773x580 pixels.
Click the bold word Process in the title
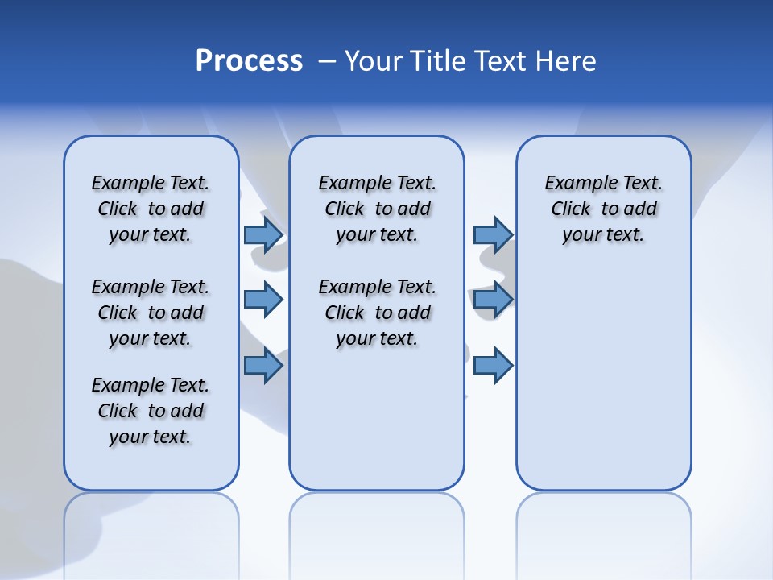coord(249,61)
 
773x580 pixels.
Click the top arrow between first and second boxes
coord(263,234)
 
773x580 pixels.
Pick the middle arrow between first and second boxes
coord(263,300)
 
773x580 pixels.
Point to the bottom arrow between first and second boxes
coord(263,366)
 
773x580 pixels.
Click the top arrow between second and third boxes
coord(493,234)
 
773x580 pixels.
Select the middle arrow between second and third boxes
coord(493,300)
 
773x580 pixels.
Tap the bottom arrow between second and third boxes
coord(493,366)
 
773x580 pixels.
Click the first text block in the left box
coord(151,209)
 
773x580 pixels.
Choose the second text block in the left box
coord(151,313)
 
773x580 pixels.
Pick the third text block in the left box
coord(151,411)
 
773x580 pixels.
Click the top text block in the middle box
coord(377,209)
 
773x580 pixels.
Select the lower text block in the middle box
coord(377,313)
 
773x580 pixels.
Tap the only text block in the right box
coord(603,209)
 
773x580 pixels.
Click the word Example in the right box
coord(576,183)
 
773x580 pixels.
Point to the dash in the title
coord(327,62)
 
